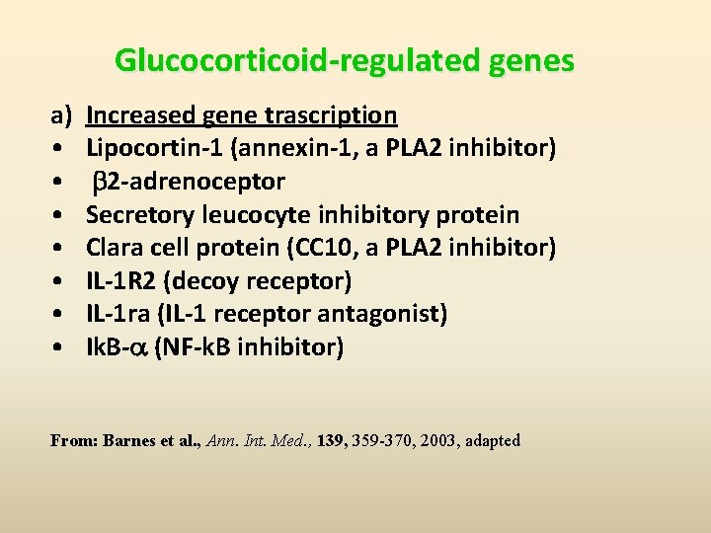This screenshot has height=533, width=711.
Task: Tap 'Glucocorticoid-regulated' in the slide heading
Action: coord(296,61)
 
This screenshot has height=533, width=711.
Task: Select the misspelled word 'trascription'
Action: coord(331,115)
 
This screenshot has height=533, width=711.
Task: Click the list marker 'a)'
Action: coord(61,115)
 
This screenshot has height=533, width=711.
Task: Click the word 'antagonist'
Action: coord(386,315)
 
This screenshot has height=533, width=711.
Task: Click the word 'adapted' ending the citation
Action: coord(493,441)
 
